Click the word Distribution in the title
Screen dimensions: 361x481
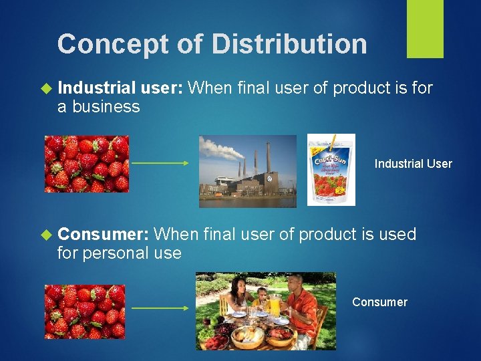[x=289, y=44]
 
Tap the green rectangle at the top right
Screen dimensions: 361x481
[x=425, y=28]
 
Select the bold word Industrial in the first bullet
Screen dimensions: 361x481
[x=97, y=88]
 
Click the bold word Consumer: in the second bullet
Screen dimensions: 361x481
[x=103, y=234]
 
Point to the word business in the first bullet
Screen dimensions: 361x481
[x=106, y=106]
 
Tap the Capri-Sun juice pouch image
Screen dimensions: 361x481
[x=331, y=170]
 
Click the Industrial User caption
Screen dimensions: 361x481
[x=413, y=164]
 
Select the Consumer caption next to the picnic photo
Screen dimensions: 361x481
[x=379, y=302]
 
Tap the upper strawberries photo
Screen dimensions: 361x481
[x=86, y=164]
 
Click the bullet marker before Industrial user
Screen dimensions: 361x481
[x=46, y=88]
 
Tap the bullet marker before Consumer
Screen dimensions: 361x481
[x=46, y=235]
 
